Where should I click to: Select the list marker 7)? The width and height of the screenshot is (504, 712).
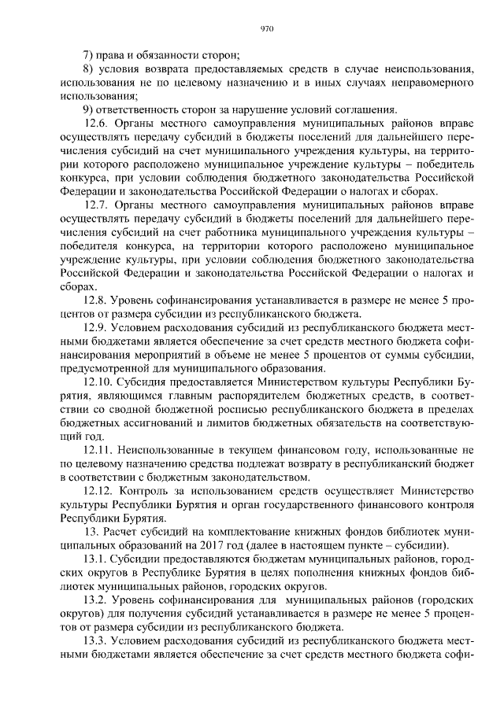click(x=89, y=55)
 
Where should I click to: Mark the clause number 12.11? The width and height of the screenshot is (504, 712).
click(x=98, y=449)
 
